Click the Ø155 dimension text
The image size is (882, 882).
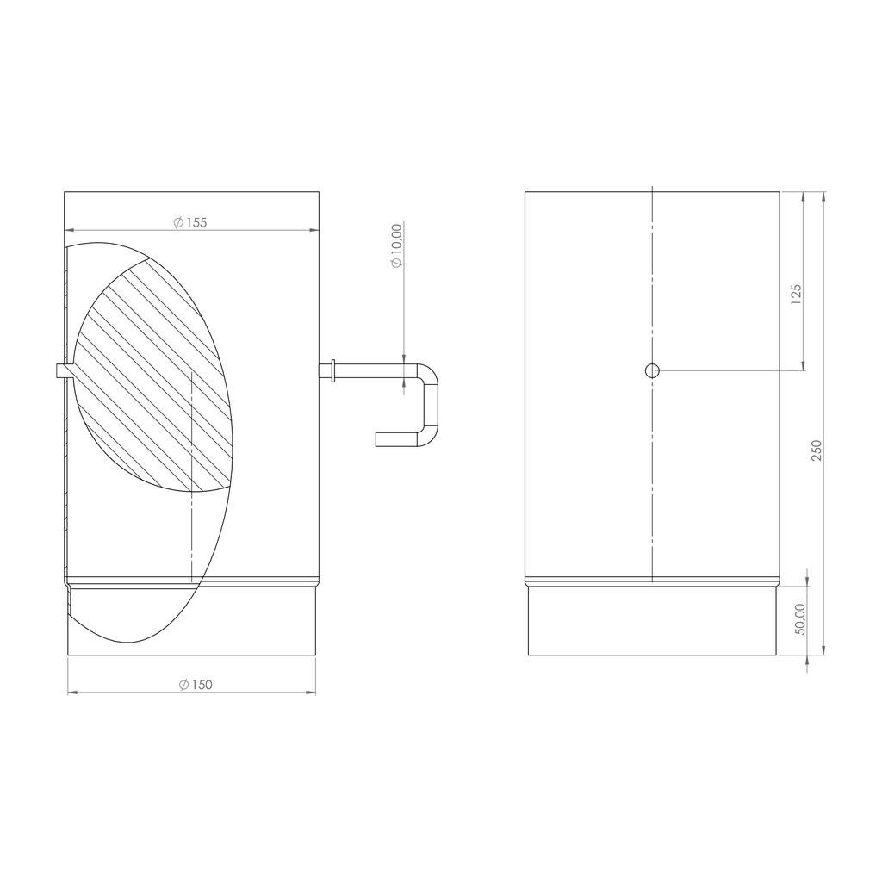tap(190, 222)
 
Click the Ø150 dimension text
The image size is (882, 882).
tap(196, 685)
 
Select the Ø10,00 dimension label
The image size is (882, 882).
tap(397, 245)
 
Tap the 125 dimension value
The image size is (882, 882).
tap(795, 295)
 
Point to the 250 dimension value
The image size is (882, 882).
tap(817, 450)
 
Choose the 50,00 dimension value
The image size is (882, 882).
tap(801, 619)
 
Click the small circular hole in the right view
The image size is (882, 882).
tap(652, 370)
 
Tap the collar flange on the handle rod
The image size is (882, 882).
tap(334, 370)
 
